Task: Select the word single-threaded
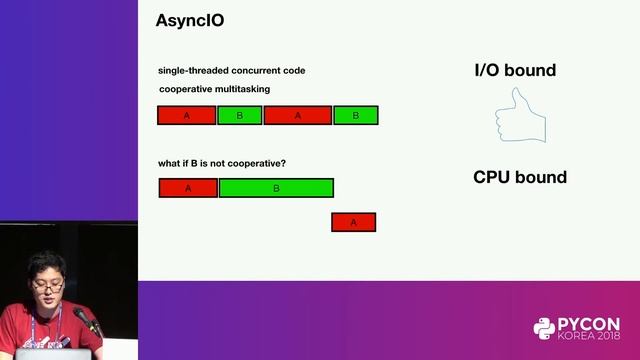click(x=192, y=70)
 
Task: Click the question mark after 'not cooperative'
click(x=297, y=163)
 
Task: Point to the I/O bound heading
click(x=514, y=70)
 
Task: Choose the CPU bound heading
click(x=519, y=177)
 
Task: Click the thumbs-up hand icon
click(x=520, y=115)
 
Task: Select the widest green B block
click(x=276, y=187)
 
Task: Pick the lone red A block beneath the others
click(x=353, y=222)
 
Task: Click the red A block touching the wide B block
click(x=188, y=187)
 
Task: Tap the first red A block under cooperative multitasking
click(x=187, y=115)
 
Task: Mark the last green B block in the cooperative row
click(x=355, y=115)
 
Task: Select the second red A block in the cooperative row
click(x=297, y=115)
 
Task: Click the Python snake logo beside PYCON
click(x=544, y=329)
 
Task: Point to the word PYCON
click(x=589, y=324)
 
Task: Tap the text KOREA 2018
click(x=589, y=338)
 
